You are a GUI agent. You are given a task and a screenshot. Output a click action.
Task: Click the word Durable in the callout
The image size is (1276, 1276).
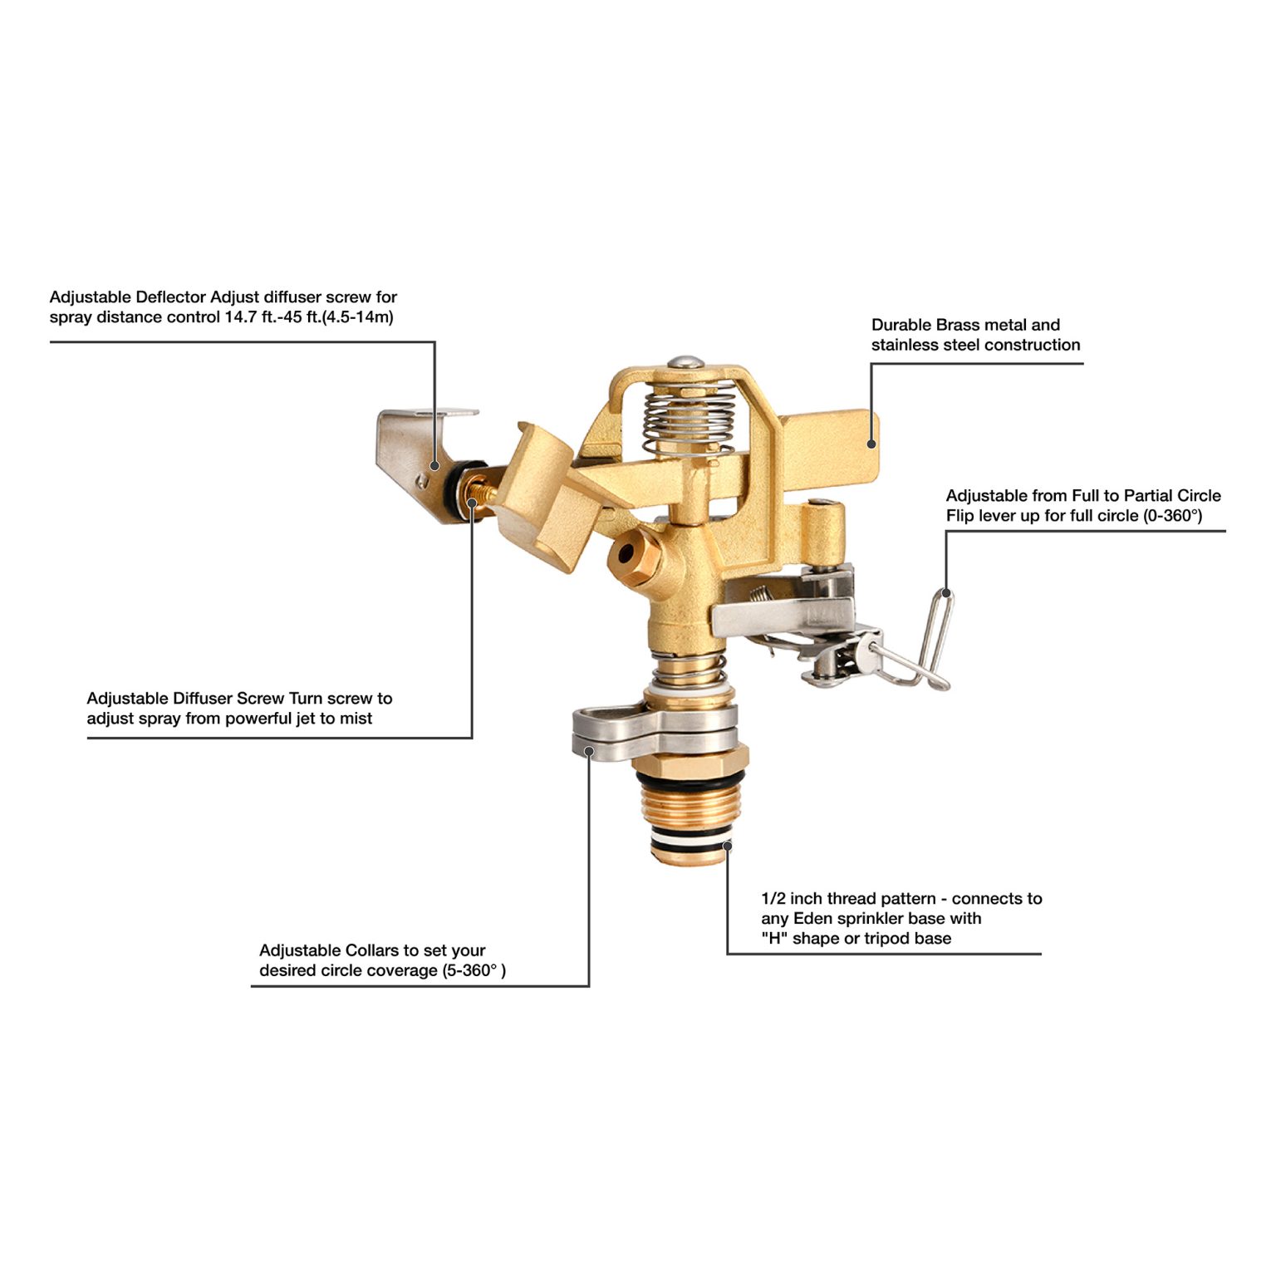click(901, 325)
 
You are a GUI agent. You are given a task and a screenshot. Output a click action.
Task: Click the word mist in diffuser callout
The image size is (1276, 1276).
click(356, 719)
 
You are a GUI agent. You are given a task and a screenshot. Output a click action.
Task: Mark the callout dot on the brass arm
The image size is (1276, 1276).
click(871, 444)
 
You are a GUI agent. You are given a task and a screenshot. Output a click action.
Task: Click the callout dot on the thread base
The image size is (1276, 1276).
click(727, 847)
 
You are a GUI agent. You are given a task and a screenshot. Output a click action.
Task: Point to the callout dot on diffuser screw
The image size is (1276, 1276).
click(472, 502)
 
